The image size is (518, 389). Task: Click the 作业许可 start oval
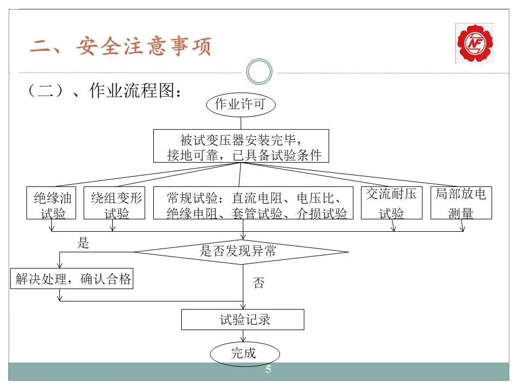pos(241,104)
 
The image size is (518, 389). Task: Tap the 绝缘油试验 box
pos(52,203)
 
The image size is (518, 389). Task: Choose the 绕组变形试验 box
pos(115,203)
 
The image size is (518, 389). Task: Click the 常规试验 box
pos(257,203)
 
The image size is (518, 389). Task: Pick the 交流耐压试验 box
pos(391,203)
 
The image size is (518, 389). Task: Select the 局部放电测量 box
pos(461,203)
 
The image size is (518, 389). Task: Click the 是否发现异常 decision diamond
pos(241,251)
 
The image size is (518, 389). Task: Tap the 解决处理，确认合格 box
pos(72,279)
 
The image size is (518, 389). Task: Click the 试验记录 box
pos(243,319)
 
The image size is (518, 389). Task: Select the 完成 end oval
pos(244,354)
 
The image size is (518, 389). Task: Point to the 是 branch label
pos(83,243)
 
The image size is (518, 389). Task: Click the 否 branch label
pos(258,283)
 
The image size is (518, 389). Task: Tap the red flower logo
pos(474,43)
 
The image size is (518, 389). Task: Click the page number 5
pos(268,370)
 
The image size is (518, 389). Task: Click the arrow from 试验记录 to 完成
pos(243,336)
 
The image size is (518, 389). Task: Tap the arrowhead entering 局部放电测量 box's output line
pos(462,229)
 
